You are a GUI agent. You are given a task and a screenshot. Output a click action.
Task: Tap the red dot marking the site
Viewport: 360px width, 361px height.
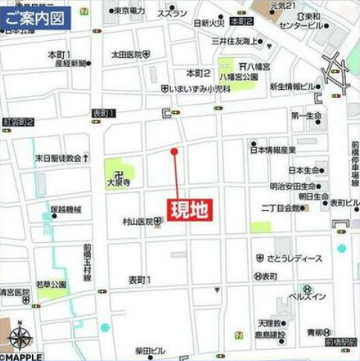coord(174,152)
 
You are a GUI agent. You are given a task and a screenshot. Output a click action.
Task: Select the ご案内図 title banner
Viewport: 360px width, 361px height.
coord(36,18)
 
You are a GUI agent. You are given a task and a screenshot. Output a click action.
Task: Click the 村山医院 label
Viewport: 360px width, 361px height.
coord(138,221)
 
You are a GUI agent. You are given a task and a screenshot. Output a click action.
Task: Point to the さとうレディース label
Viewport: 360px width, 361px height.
coord(294,258)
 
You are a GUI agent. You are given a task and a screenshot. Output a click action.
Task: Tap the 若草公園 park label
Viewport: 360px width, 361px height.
coord(50,284)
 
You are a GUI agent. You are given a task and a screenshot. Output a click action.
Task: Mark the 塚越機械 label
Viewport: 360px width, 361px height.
coord(66,210)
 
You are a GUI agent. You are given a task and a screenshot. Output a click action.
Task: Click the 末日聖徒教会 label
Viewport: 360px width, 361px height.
coord(58,158)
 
